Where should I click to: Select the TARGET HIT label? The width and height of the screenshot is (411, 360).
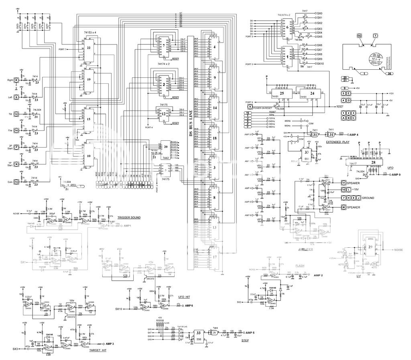(98, 350)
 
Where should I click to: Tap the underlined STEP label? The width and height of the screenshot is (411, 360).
(245, 340)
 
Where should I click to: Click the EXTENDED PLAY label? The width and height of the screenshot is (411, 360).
(338, 142)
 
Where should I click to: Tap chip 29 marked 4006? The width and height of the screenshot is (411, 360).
(369, 249)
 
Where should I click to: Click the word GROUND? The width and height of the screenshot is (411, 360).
(368, 198)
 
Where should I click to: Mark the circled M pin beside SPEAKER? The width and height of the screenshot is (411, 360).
(344, 207)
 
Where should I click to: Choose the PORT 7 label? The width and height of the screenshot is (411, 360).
(62, 49)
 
